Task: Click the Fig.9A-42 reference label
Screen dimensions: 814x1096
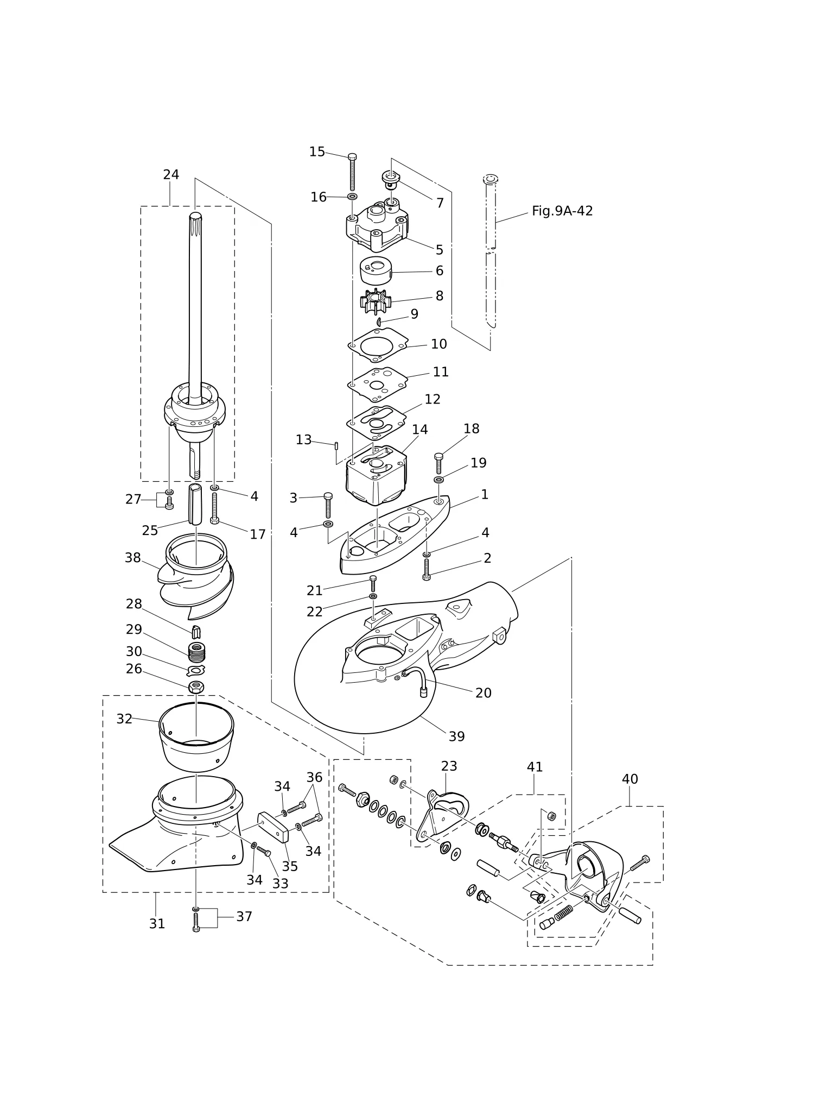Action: point(562,211)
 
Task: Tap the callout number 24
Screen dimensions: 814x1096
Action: point(171,174)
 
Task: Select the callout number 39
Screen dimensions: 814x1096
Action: point(457,736)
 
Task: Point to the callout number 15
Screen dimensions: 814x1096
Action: point(317,152)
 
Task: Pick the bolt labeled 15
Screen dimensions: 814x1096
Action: point(352,172)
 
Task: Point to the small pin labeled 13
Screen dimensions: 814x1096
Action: point(337,446)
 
